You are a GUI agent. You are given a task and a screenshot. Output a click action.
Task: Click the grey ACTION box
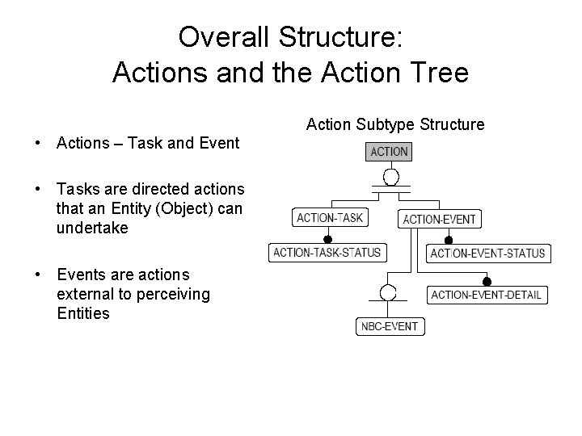click(390, 151)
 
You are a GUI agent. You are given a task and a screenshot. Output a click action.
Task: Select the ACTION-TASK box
click(330, 217)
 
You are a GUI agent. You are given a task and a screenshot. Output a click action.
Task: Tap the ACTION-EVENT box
click(439, 219)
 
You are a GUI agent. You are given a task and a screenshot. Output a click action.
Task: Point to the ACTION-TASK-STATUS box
click(327, 253)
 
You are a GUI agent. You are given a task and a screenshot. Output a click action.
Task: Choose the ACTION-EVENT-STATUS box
click(487, 254)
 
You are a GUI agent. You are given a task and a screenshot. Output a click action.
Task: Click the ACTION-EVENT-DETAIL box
click(486, 295)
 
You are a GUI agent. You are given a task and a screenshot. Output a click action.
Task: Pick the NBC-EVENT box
click(390, 326)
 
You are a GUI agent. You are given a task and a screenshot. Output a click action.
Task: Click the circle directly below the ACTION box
click(390, 175)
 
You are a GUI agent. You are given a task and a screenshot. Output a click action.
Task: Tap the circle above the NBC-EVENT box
click(390, 291)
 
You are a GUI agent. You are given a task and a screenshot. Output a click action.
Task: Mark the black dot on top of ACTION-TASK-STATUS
click(328, 240)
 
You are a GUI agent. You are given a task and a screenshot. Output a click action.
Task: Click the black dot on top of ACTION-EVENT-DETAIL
click(487, 282)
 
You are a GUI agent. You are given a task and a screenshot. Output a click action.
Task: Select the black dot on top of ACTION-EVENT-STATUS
click(449, 241)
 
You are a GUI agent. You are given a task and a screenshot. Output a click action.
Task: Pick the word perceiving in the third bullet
click(173, 294)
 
